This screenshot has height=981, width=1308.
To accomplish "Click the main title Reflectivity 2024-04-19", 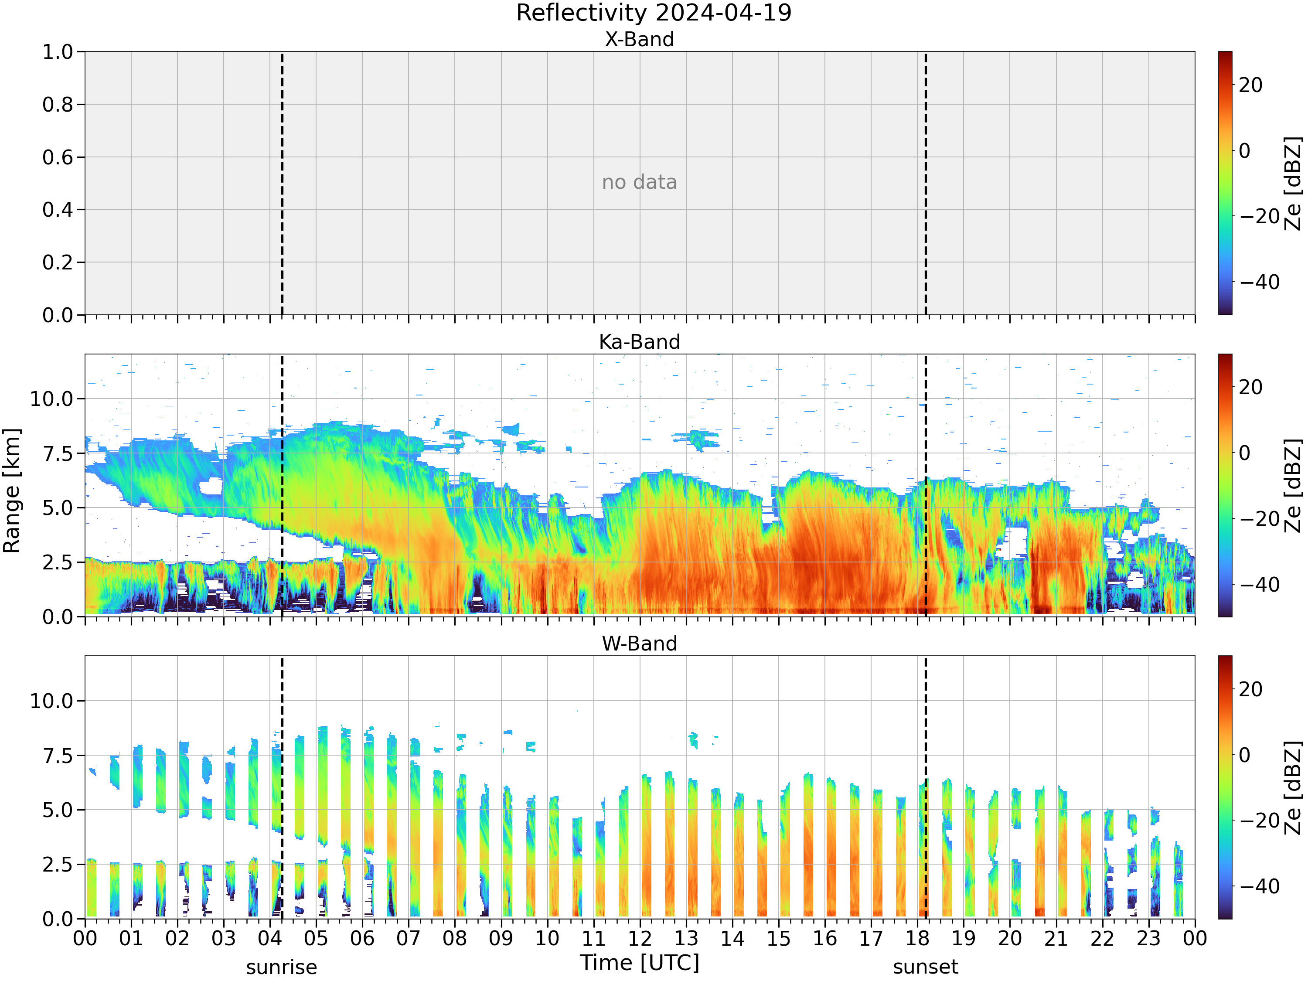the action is [654, 13].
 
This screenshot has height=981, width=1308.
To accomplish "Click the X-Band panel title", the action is [639, 39].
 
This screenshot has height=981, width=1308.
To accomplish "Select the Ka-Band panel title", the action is [639, 342].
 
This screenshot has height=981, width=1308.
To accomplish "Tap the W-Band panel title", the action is [639, 644].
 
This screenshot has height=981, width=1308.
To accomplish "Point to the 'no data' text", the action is [639, 182].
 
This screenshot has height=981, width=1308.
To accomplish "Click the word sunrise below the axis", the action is [282, 967].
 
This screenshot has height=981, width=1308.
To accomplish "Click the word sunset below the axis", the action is [926, 967].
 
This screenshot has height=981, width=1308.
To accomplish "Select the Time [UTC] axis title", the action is [639, 963].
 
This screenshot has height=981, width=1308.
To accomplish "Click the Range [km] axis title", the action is [11, 491].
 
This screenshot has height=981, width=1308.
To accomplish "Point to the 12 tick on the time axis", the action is [640, 938].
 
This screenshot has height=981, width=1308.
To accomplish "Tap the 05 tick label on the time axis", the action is [316, 938].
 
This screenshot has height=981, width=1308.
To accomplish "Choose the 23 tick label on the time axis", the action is [1148, 938].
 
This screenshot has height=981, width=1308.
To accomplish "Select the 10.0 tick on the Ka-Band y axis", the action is [52, 399].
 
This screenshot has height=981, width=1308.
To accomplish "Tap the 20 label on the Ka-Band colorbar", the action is [1250, 387].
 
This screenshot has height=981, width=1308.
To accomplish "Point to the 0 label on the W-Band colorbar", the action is [1245, 755].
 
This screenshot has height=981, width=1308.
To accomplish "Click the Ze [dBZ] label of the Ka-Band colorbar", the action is [1293, 485].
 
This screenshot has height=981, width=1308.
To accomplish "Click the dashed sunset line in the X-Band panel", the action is [926, 183].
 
